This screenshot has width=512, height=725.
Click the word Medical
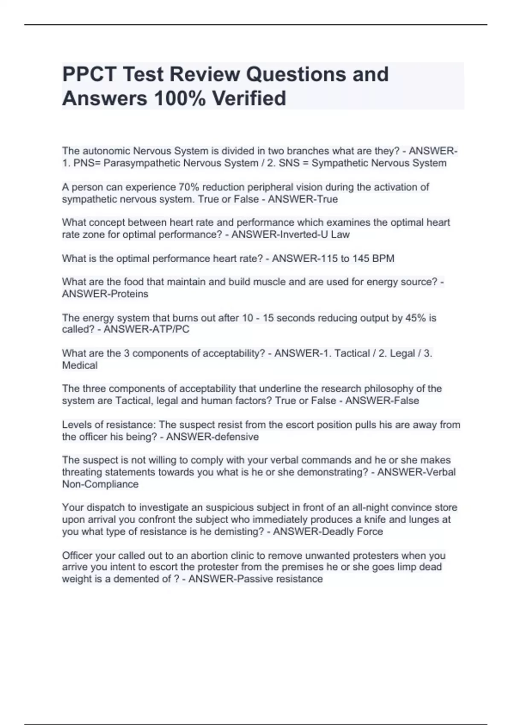80,365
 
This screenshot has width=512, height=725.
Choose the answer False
405,400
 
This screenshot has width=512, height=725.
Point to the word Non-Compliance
100,484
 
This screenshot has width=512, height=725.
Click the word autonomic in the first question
106,151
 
